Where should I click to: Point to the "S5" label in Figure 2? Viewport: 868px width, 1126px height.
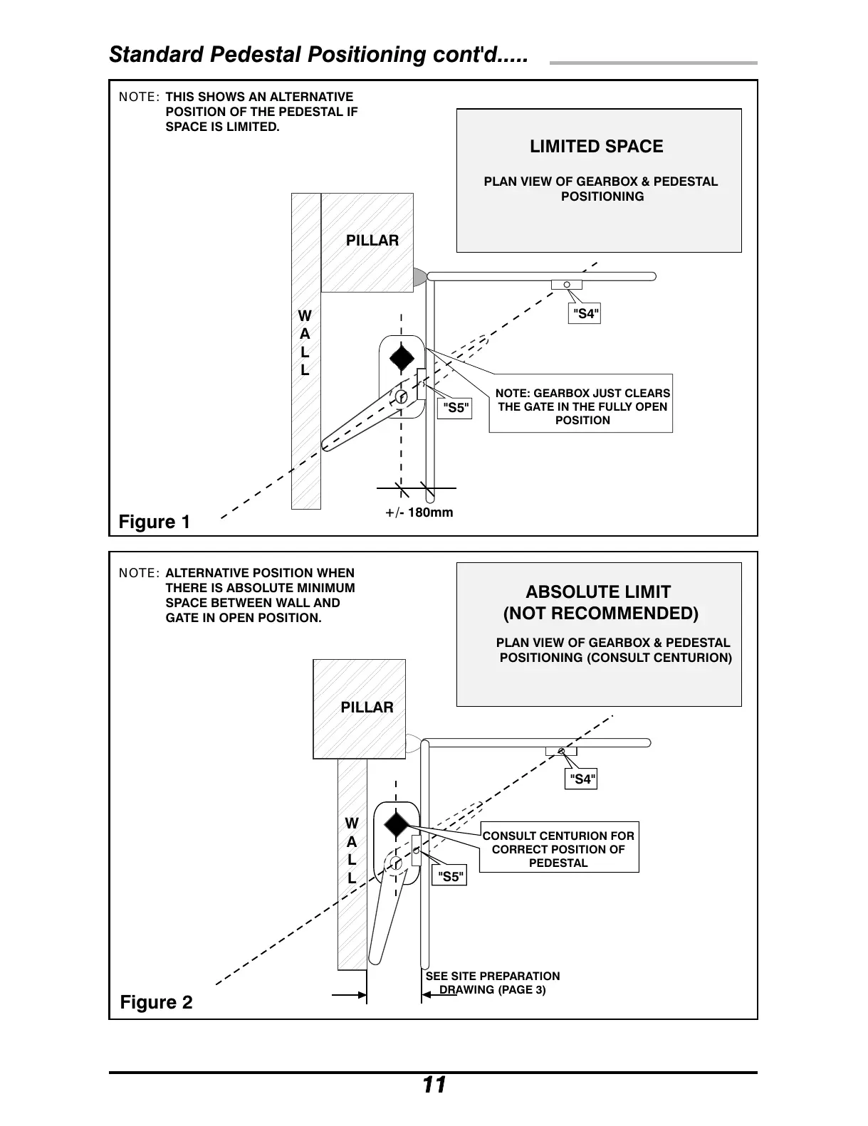451,876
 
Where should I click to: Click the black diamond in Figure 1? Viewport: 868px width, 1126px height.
402,358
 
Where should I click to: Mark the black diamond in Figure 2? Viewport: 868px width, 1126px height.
397,824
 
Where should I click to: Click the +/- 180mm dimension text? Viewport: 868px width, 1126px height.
419,512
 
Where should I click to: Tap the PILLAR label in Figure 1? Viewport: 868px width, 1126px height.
372,241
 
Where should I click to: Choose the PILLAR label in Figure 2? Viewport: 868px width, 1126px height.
367,707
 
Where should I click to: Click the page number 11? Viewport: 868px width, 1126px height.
434,1085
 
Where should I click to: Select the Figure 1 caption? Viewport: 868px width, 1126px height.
155,522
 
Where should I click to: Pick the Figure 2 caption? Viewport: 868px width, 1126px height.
156,1003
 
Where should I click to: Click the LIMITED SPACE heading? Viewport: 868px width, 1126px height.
596,147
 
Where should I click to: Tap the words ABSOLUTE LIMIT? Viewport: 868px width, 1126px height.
597,592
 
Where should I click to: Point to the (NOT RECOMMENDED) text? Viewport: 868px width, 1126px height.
600,614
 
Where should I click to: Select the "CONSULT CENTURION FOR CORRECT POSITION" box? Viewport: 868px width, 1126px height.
558,849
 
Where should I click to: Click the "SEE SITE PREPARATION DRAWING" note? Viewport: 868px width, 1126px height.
493,983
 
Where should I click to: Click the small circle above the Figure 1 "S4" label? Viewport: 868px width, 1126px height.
567,285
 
